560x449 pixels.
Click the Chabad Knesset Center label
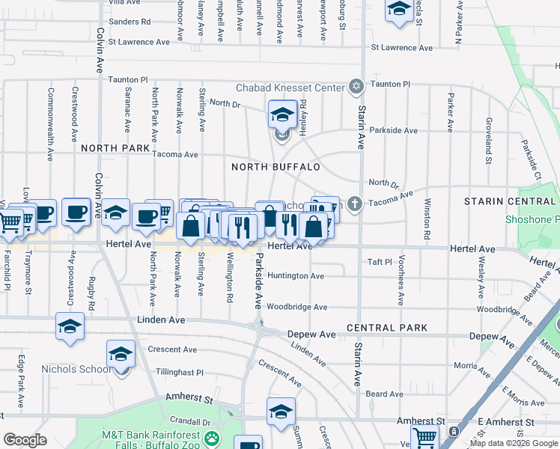(290, 88)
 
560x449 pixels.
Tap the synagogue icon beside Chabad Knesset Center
(356, 88)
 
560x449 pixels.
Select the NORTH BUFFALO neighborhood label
(276, 167)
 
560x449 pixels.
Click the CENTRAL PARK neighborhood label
(387, 328)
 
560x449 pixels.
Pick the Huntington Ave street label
(296, 276)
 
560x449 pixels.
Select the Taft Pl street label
(380, 262)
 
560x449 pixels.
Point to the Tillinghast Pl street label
(180, 372)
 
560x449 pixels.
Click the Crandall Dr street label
(189, 421)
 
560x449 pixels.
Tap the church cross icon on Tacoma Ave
(356, 203)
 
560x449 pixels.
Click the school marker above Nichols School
(121, 355)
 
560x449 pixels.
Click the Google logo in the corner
(25, 440)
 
